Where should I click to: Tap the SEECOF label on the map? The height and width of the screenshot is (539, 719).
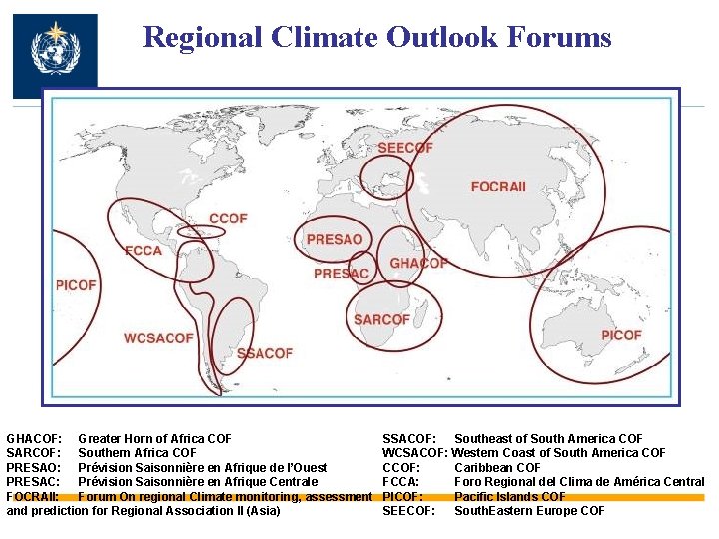coord(404,149)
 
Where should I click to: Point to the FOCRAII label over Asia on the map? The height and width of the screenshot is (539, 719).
coord(498,187)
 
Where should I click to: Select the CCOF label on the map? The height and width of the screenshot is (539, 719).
coord(229,218)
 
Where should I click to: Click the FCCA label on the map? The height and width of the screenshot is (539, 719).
coord(143,250)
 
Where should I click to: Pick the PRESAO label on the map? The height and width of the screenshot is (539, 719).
coord(335,240)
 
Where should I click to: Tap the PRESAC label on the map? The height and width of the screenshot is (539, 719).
coord(342,274)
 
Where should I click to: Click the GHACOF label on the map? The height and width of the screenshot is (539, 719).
coord(418,264)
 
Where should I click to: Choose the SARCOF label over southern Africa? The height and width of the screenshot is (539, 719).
coord(381,320)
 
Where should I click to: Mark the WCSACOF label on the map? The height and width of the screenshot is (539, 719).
coord(159,339)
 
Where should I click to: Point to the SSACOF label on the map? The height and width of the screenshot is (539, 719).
coord(265,353)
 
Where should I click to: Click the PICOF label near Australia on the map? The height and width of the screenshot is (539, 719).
coord(621,335)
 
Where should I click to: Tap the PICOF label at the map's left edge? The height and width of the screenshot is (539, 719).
coord(76,285)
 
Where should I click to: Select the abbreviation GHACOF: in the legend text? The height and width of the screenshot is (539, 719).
coord(35,439)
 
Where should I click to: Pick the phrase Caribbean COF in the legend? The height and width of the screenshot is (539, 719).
coord(497,468)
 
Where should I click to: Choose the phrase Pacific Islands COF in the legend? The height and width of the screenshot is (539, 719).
coord(510,496)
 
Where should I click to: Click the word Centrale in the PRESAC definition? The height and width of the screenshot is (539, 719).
coord(292,482)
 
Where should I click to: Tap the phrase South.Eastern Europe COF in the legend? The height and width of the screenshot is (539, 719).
coord(529,511)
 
